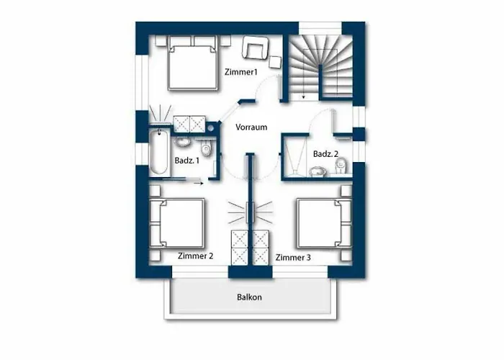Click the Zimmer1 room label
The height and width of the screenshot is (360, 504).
(x=241, y=72)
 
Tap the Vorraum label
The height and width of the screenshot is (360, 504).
(x=251, y=127)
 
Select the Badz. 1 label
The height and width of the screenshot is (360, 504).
(x=186, y=160)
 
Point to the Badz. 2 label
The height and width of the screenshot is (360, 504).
(x=325, y=154)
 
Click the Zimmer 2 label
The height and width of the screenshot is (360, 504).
(x=195, y=256)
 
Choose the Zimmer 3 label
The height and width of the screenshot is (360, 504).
(x=293, y=258)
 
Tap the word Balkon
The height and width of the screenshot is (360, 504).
(x=249, y=297)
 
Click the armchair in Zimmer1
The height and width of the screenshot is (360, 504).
(x=255, y=48)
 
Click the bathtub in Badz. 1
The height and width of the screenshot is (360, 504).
(x=159, y=151)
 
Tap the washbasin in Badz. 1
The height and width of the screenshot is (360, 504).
(x=183, y=142)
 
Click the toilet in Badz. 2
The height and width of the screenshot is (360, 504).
(x=341, y=166)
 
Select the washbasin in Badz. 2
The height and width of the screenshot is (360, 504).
(x=318, y=172)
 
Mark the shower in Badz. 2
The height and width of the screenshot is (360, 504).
(x=294, y=156)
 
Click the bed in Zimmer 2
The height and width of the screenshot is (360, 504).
(x=177, y=223)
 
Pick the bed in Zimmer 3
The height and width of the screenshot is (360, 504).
(x=324, y=223)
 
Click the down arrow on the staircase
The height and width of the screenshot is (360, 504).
(x=303, y=96)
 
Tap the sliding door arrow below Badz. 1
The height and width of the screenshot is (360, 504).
(x=198, y=183)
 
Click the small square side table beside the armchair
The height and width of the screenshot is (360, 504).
(x=275, y=62)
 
